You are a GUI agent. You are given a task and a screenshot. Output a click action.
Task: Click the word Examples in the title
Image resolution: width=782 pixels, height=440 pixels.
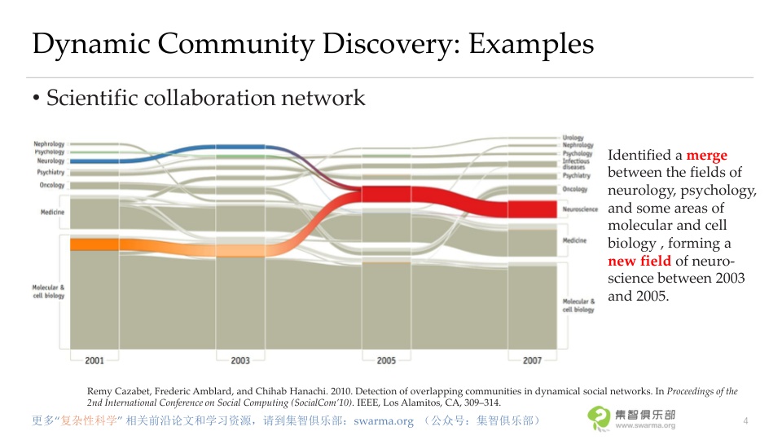click(x=530, y=44)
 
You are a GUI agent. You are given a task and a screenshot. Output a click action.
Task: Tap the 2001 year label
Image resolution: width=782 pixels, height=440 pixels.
click(x=94, y=360)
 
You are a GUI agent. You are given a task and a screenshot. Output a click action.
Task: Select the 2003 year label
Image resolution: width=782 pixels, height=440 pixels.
click(x=240, y=360)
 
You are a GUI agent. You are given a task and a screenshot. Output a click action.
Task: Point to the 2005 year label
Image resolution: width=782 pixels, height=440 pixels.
click(x=386, y=360)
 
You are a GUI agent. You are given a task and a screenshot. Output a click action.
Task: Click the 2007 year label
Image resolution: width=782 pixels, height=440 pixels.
click(x=532, y=360)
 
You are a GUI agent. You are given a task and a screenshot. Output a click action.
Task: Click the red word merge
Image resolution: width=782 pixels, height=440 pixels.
click(x=706, y=155)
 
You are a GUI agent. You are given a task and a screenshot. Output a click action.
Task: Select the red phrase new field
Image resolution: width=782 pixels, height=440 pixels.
click(x=639, y=262)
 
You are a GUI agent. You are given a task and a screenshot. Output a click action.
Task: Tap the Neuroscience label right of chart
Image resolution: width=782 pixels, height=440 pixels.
click(x=580, y=209)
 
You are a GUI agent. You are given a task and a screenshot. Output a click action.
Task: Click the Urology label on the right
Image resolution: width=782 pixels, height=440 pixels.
click(x=573, y=139)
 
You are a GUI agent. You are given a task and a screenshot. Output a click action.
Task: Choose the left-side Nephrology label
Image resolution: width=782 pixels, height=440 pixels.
click(x=49, y=144)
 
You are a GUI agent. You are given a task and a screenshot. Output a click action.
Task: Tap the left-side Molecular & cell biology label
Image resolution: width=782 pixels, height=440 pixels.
click(x=48, y=291)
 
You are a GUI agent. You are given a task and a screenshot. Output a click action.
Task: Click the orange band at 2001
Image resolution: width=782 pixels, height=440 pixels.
click(x=94, y=244)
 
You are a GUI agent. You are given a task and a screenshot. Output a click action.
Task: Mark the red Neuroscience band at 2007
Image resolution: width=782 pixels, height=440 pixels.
click(x=531, y=209)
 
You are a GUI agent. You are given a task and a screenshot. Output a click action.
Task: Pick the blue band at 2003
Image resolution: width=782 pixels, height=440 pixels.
click(x=240, y=147)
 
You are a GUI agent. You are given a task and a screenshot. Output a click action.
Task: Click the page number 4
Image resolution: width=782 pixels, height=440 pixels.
click(x=745, y=420)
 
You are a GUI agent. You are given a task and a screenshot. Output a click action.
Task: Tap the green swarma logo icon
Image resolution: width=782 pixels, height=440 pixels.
click(x=599, y=418)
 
